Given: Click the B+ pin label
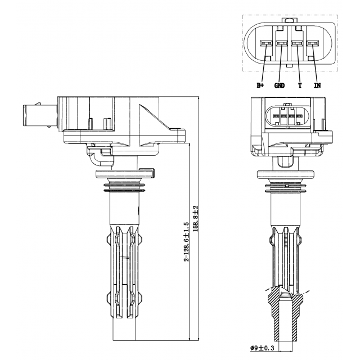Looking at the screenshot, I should pos(260,85).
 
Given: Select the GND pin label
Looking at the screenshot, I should pos(280,85).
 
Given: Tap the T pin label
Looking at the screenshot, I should pos(300,85).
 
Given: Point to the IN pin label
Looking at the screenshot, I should pos(317,85).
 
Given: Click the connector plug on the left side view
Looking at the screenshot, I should pos(33,115).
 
